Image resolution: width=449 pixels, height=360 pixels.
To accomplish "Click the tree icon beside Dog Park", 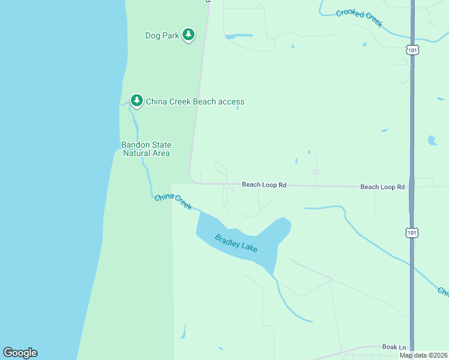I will click(x=188, y=35).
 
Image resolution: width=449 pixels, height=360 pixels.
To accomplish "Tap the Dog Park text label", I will click(x=162, y=35).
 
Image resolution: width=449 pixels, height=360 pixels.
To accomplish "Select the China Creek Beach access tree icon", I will click(x=137, y=101).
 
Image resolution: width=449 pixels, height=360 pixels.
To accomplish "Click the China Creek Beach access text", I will click(x=195, y=101).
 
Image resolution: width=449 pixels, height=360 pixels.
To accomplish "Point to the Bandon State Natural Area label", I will click(x=146, y=149).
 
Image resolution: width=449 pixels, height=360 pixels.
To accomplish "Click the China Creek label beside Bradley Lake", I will click(x=173, y=202).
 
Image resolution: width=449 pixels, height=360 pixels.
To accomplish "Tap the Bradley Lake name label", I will click(x=236, y=242).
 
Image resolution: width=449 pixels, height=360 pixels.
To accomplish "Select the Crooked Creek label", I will click(x=359, y=17).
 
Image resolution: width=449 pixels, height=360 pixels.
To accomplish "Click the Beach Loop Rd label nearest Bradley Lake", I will click(x=264, y=185).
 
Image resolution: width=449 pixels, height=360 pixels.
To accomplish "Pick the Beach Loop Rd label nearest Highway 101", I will click(x=382, y=187).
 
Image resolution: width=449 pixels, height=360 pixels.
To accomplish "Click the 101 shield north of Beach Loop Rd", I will click(x=412, y=50).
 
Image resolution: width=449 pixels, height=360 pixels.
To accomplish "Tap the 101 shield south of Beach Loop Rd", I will click(x=412, y=232).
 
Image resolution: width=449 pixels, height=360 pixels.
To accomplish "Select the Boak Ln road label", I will click(x=394, y=347).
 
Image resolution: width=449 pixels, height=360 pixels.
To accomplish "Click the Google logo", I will click(x=20, y=353).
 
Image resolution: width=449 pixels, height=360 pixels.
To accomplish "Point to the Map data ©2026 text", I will click(x=423, y=355).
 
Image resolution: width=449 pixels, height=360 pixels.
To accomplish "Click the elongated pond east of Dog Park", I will click(x=238, y=36).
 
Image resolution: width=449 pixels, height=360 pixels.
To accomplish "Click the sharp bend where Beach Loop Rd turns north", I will click(x=192, y=179).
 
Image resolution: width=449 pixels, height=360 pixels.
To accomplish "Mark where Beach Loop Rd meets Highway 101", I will click(x=412, y=187).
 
